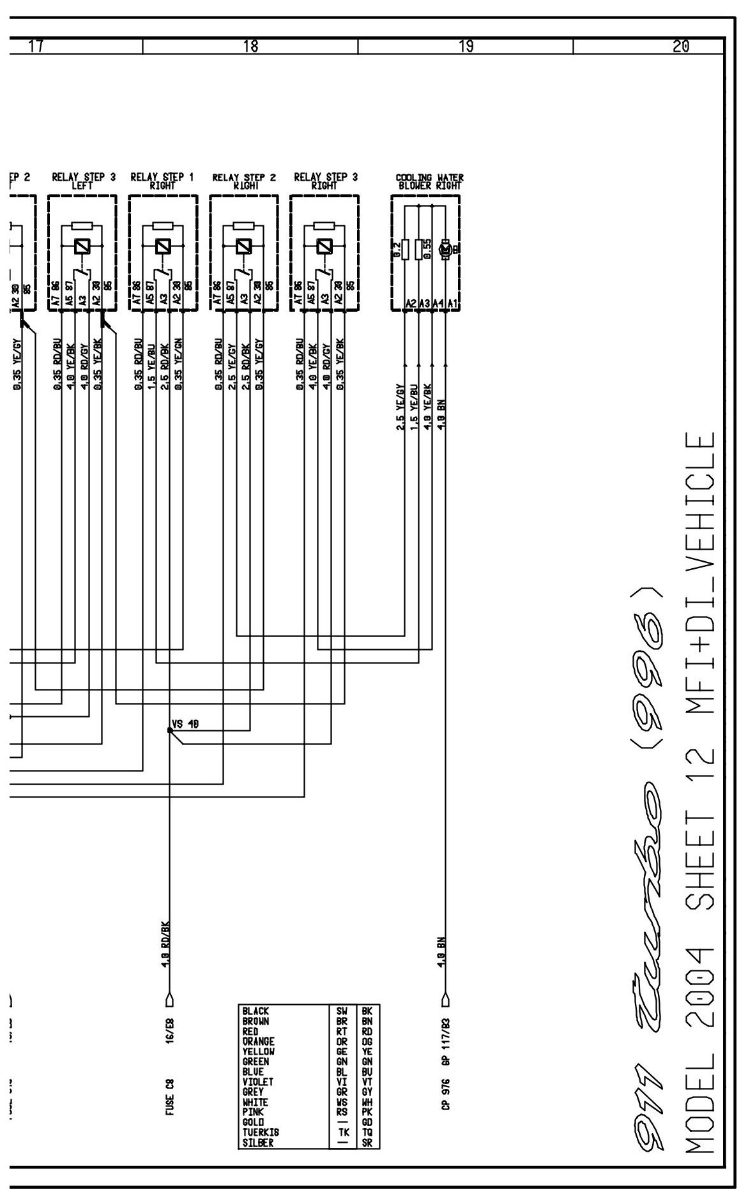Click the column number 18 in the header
pos(250,46)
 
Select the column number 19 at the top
pos(466,46)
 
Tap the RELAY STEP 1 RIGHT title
pos(162,181)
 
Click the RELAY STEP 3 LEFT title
pos(84,181)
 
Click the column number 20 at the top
pos(681,46)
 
